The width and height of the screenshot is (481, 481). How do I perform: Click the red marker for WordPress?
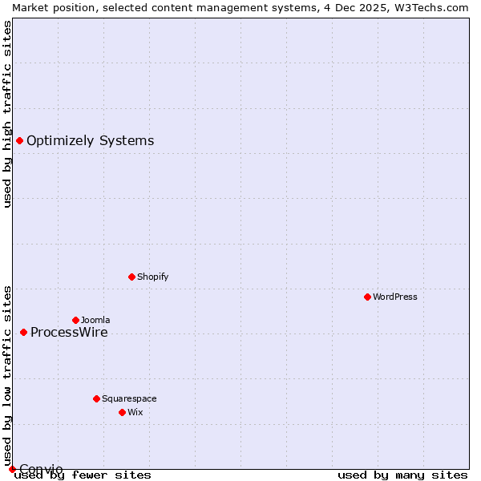[x=367, y=297]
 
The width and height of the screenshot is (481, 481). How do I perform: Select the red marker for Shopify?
[x=131, y=277]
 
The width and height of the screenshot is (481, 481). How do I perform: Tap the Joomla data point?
[x=75, y=320]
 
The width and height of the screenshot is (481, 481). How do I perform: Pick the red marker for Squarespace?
[x=96, y=398]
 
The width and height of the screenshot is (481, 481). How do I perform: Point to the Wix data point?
[x=122, y=412]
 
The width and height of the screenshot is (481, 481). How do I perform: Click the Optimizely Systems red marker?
[x=19, y=141]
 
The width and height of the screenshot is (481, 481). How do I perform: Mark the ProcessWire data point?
[x=23, y=332]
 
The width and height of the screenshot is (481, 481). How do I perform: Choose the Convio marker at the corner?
[x=12, y=469]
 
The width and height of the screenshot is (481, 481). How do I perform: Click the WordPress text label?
[x=395, y=297]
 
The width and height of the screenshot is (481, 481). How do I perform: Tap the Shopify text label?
[x=152, y=277]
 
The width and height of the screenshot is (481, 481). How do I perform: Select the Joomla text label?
[x=95, y=320]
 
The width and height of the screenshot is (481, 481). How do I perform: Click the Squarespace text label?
[x=129, y=398]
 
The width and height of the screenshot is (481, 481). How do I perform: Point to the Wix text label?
[x=135, y=412]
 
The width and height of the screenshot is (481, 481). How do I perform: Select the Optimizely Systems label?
[x=90, y=141]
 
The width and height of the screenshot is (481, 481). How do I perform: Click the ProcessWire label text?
[x=69, y=333]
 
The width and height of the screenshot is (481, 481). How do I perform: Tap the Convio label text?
[x=41, y=469]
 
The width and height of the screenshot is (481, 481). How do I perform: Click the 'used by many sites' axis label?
[x=402, y=475]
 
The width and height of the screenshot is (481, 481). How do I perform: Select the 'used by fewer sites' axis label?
[x=83, y=475]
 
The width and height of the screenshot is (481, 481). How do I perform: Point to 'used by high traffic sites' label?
[x=7, y=114]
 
